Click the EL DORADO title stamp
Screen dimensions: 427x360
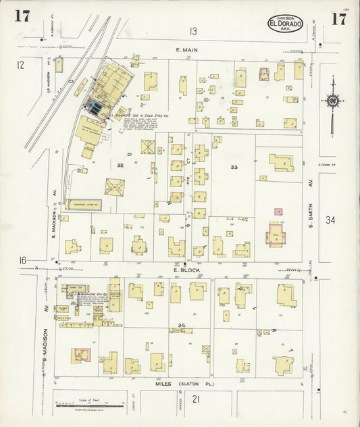(286, 23)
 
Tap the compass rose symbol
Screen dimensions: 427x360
(333, 101)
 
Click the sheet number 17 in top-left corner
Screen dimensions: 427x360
(22, 17)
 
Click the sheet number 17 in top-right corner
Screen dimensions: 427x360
(338, 18)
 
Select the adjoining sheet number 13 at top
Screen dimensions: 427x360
(193, 31)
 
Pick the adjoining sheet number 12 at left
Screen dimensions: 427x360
(20, 65)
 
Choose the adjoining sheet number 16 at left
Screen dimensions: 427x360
(22, 261)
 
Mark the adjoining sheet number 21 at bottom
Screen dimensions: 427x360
(197, 400)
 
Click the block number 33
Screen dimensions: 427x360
(234, 167)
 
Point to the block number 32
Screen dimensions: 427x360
(120, 165)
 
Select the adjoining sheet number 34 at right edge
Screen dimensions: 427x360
(330, 220)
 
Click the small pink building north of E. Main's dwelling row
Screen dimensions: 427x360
(263, 74)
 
